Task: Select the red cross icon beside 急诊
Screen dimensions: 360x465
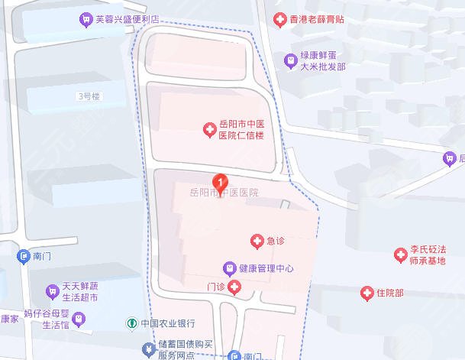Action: pyautogui.click(x=257, y=242)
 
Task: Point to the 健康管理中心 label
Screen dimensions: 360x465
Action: pyautogui.click(x=266, y=268)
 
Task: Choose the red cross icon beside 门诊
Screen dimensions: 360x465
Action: pyautogui.click(x=234, y=287)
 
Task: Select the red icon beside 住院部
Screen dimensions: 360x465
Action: pyautogui.click(x=367, y=293)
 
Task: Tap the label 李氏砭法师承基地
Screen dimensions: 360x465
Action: pyautogui.click(x=428, y=255)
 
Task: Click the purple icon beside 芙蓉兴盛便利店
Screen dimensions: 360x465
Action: pyautogui.click(x=85, y=18)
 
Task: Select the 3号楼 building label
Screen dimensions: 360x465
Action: pyautogui.click(x=88, y=96)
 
